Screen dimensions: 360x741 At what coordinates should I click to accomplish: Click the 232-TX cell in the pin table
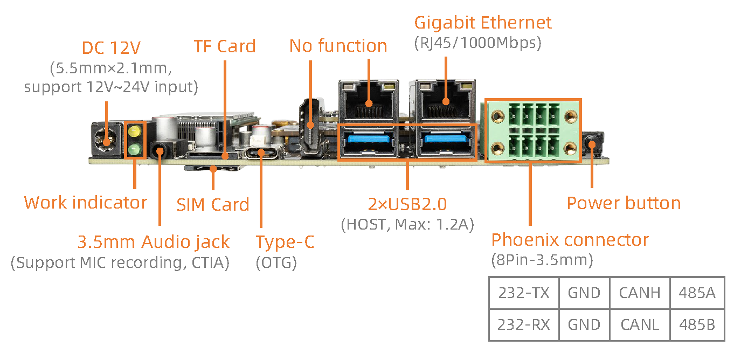[x=524, y=293]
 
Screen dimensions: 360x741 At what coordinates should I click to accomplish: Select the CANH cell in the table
[x=640, y=293]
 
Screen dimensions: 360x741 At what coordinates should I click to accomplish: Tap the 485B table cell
[x=697, y=325]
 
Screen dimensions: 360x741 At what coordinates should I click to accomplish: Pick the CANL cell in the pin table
[x=640, y=325]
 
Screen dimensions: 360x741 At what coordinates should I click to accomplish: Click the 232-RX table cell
[x=524, y=325]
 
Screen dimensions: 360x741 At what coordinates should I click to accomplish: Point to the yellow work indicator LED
[x=134, y=131]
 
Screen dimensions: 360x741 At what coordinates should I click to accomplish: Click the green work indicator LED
[x=134, y=149]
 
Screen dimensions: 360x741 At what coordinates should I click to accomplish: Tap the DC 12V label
[x=111, y=48]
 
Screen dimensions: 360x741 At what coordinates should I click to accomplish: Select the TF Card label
[x=225, y=46]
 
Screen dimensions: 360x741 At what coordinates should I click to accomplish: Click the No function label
[x=338, y=46]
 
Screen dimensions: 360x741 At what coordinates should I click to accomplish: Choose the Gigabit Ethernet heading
[x=482, y=23]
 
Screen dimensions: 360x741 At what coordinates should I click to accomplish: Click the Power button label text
[x=624, y=203]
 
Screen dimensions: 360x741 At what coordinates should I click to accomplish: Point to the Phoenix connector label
[x=570, y=239]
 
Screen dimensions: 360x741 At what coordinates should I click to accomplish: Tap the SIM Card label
[x=213, y=205]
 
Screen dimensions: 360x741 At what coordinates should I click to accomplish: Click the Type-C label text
[x=285, y=242]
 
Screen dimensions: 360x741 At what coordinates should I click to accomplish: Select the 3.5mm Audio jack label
[x=154, y=242]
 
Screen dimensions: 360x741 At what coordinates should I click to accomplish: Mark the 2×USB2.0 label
[x=407, y=204]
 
